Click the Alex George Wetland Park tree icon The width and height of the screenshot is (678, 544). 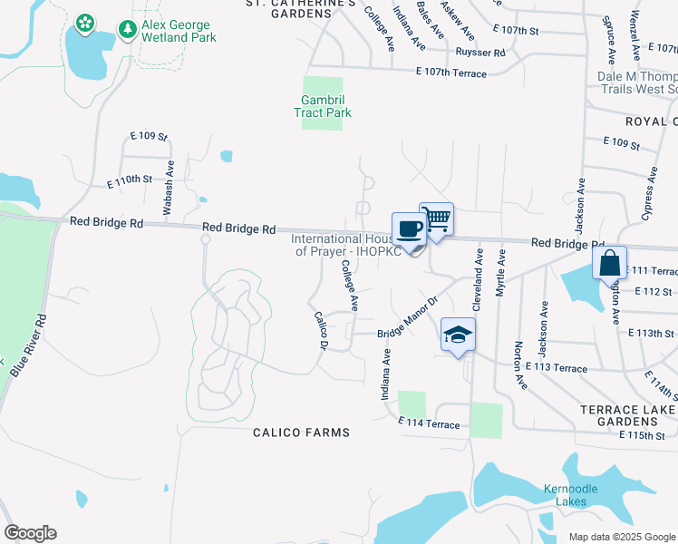(x=128, y=31)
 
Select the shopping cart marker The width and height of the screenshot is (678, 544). (x=436, y=219)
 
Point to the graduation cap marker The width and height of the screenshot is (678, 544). (x=458, y=334)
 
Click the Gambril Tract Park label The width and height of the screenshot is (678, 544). (x=323, y=107)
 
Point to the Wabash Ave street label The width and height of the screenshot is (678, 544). (x=168, y=188)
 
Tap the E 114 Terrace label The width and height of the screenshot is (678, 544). (x=429, y=424)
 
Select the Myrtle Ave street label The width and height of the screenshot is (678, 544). (x=500, y=272)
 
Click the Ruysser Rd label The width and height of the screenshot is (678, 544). (x=480, y=53)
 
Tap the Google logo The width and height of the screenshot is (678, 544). (x=30, y=533)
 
